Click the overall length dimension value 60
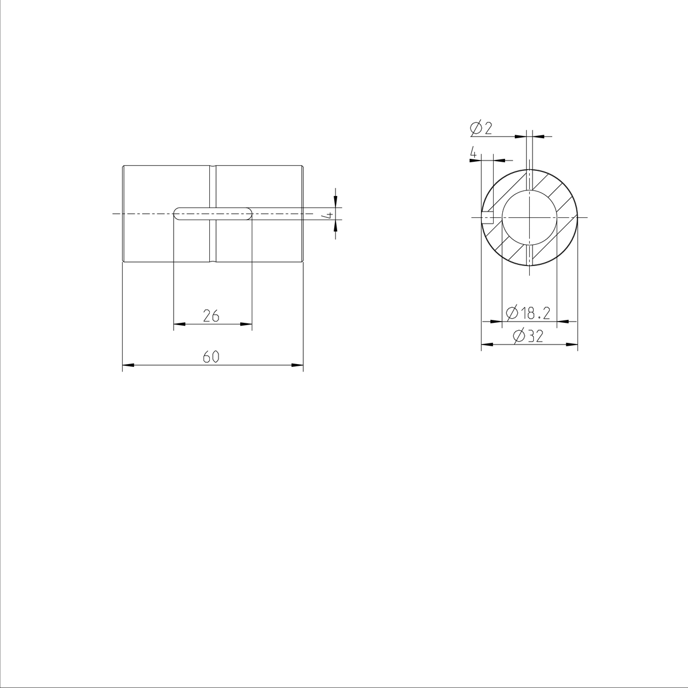pos(211,357)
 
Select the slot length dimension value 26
pos(211,315)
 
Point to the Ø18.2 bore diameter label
pos(529,313)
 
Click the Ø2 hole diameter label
pos(482,128)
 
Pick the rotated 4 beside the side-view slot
pos(329,216)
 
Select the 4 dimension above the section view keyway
pos(473,153)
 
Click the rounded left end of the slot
pos(177,214)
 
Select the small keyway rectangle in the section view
pos(487,217)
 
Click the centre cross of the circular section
pos(529,217)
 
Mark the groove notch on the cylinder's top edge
pos(213,167)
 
